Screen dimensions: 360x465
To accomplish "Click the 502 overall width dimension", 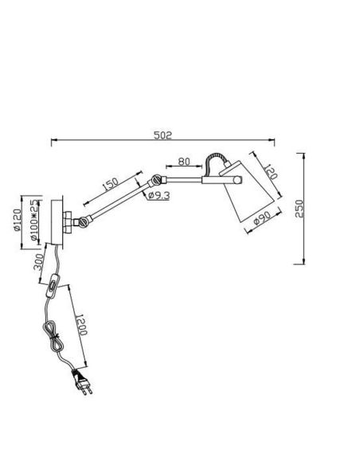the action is point(162,135).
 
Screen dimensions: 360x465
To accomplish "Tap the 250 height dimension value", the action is point(299,209).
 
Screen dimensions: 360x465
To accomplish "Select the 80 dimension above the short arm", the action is point(184,162).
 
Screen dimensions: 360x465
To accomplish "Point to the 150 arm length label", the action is point(111,184).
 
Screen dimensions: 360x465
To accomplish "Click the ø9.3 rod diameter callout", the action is point(158,196).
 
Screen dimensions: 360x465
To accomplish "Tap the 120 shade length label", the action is point(271,171).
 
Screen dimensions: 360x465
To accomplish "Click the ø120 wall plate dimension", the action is point(18,220).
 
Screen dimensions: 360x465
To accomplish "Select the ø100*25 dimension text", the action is point(34,220).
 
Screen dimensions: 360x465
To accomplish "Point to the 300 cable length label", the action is point(38,263).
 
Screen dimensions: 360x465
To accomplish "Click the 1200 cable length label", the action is point(81,325).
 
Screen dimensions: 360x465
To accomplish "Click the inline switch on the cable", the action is point(53,285).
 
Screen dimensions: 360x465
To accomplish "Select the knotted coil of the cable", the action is point(53,337).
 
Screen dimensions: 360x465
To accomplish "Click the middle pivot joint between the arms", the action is point(156,180).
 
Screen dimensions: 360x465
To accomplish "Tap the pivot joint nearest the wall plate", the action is point(83,221).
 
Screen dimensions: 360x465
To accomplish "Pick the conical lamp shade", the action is point(247,193).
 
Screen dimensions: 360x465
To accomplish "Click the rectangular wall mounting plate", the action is point(57,222).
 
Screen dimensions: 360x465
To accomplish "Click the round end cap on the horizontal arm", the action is point(238,180).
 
